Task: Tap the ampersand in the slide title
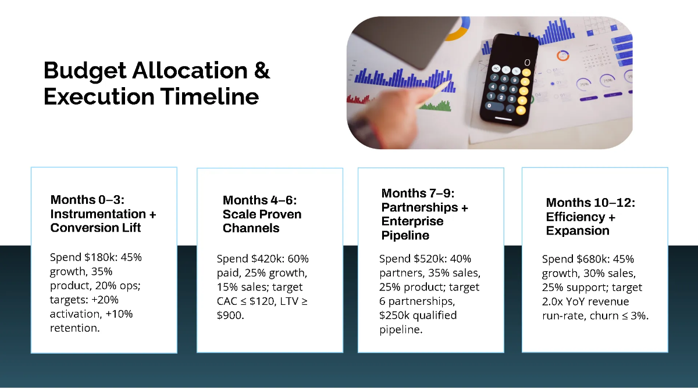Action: click(x=262, y=70)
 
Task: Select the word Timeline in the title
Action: click(x=209, y=96)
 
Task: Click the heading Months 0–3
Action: click(x=87, y=200)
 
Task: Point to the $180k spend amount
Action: click(x=99, y=257)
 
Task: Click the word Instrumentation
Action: click(x=98, y=214)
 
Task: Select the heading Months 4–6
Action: click(x=259, y=200)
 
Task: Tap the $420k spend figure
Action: click(x=268, y=259)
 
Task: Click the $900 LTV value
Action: click(x=230, y=315)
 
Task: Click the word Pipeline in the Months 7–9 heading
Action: click(x=405, y=236)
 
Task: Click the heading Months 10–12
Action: click(x=590, y=203)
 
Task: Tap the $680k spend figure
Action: click(x=593, y=259)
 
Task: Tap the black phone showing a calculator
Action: click(x=510, y=80)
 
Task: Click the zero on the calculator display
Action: click(x=527, y=63)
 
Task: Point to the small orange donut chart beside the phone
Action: click(x=563, y=56)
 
